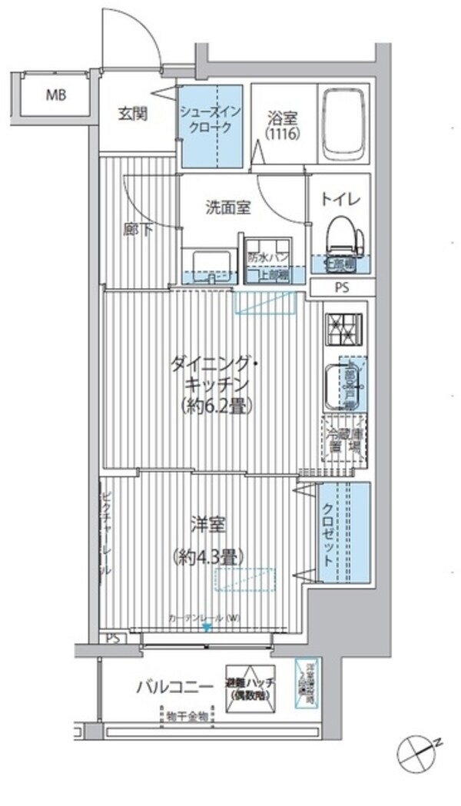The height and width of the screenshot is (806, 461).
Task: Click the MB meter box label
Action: [55, 96]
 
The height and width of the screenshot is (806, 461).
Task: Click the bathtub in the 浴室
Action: [344, 123]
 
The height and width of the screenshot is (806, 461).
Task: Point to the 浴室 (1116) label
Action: [277, 125]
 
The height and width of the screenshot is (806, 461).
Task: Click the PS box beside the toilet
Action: [342, 289]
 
